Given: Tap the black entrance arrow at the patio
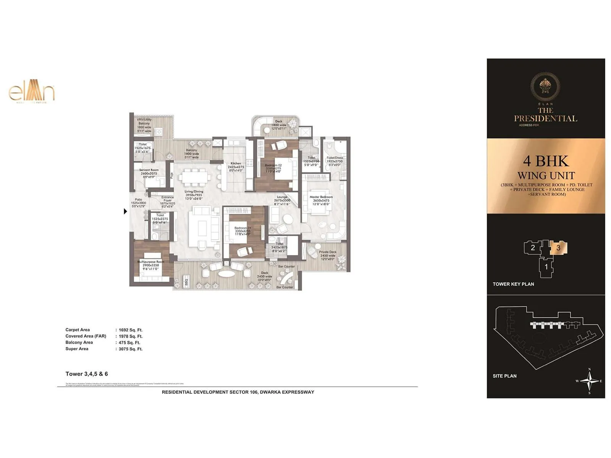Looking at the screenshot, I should pos(125,211).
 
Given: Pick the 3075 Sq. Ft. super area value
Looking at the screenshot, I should pos(130,349).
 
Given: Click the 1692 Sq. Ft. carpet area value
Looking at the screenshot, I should pos(130,330).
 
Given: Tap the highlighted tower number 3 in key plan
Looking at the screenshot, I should pos(558,248).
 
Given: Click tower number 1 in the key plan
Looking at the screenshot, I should pos(546,267).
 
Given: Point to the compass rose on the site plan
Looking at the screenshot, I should pos(590,381).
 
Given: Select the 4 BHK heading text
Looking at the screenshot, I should pos(546,161).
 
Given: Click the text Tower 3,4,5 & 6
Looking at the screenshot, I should pos(87,374).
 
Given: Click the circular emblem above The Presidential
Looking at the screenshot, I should pos(545,86).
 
